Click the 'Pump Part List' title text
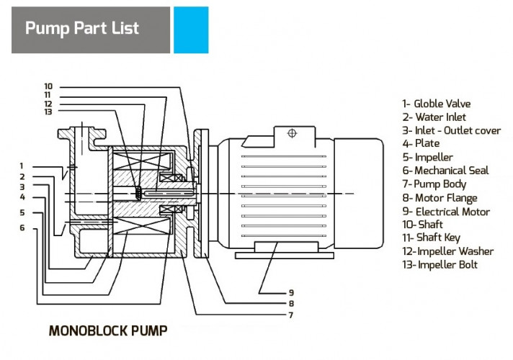[82, 30]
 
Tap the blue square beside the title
[191, 30]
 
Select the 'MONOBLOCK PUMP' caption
[108, 331]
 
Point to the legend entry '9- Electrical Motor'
[446, 212]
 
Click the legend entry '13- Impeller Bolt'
[440, 265]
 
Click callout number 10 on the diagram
[48, 86]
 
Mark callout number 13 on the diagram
[48, 112]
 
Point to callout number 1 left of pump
[22, 166]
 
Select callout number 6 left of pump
[22, 228]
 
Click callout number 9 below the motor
[291, 293]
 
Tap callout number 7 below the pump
[291, 315]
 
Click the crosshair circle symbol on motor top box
[292, 133]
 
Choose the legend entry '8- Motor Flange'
[440, 198]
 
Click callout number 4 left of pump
[22, 197]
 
